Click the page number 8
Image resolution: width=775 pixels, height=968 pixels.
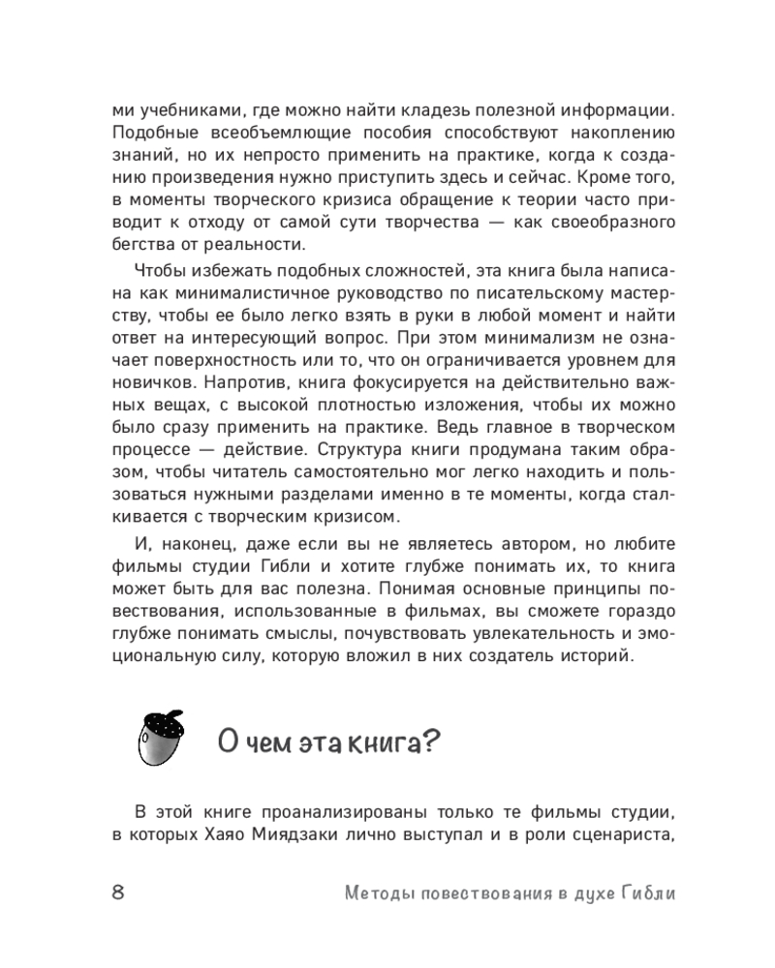(118, 892)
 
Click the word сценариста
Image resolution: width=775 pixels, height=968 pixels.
(616, 834)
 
